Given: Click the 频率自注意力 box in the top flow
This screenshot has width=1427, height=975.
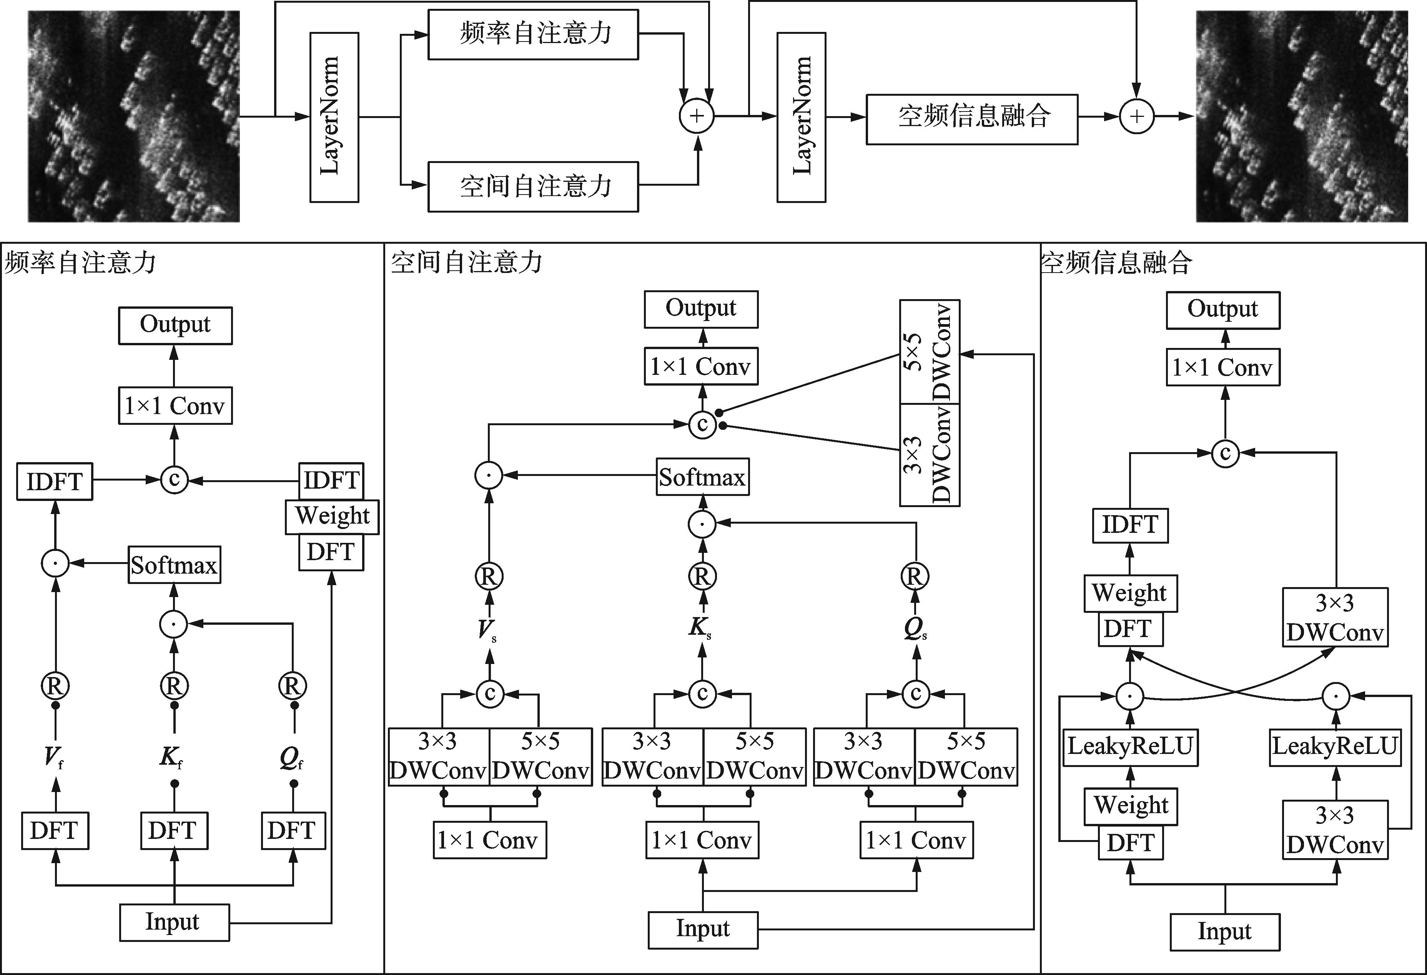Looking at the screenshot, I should point(533,34).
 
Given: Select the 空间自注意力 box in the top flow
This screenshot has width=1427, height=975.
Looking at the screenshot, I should point(533,186).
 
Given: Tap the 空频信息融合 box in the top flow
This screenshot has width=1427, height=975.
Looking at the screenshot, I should point(971,119).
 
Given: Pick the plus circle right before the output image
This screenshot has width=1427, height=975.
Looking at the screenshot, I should point(1137,116).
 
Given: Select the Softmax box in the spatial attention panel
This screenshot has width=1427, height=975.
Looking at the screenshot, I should point(702,477).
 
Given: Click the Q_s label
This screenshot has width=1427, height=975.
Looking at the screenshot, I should point(915,629).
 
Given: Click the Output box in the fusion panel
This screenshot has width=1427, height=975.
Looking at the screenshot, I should point(1222,310).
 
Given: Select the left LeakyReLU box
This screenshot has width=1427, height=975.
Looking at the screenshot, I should point(1130,747).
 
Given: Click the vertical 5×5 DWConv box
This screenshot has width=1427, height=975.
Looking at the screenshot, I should point(929,352).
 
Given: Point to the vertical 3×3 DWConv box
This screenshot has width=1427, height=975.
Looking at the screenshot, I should point(929,455).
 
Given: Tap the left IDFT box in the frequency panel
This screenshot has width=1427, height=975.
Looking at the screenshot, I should point(55,481).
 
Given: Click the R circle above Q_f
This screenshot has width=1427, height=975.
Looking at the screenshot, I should point(292,686).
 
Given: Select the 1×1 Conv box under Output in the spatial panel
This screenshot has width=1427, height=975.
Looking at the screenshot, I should point(700,366).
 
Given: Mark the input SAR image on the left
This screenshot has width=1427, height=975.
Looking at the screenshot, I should point(134,116).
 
